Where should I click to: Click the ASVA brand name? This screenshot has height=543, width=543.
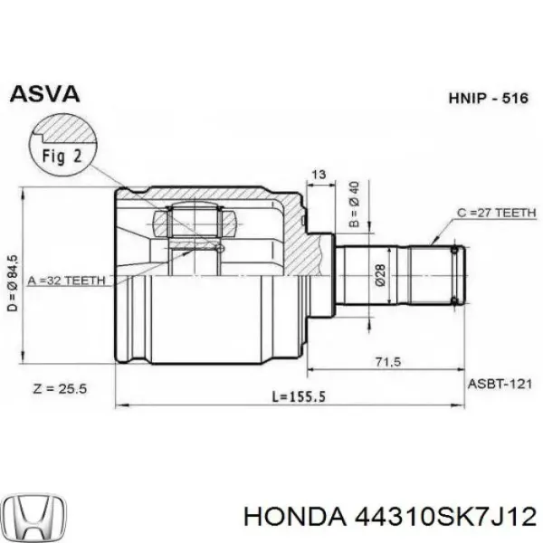coord(44,93)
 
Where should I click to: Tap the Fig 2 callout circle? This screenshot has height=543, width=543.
coord(62,155)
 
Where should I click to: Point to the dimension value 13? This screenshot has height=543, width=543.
coord(317,174)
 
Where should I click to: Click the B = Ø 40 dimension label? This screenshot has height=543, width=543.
coord(355,205)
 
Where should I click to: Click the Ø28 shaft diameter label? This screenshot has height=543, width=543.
coord(380,274)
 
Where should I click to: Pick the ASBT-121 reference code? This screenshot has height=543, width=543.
coord(500,384)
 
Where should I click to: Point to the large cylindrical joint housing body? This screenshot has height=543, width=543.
coord(208,317)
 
